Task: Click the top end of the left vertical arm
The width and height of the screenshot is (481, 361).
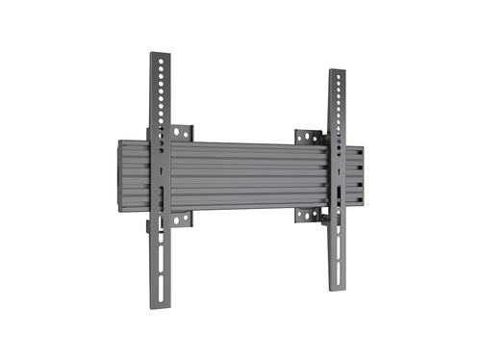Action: (159, 55)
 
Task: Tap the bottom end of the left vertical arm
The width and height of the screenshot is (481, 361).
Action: (159, 306)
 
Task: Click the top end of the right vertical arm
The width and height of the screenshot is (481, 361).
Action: (337, 72)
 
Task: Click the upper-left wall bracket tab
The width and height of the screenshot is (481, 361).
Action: (182, 131)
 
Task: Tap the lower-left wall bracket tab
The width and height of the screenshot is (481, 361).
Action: (182, 219)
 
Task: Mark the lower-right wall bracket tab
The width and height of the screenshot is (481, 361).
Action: (307, 215)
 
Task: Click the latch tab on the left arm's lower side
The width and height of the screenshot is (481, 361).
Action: (148, 228)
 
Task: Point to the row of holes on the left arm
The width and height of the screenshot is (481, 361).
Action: (159, 101)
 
